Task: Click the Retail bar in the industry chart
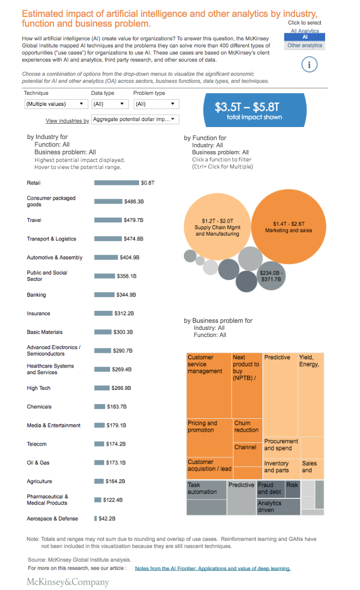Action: click(116, 183)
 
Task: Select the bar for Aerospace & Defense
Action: click(95, 519)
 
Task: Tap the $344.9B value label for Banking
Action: click(125, 295)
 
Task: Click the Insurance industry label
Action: click(38, 314)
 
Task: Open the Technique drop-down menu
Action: click(56, 104)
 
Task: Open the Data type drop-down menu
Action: click(108, 104)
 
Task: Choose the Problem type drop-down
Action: click(156, 104)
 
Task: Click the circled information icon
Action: click(309, 65)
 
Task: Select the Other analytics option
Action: click(305, 46)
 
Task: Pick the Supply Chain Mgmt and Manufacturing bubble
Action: click(217, 226)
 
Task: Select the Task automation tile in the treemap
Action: click(206, 497)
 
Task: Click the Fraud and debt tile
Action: click(269, 489)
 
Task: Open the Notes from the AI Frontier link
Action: click(213, 568)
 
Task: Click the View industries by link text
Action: click(67, 121)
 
